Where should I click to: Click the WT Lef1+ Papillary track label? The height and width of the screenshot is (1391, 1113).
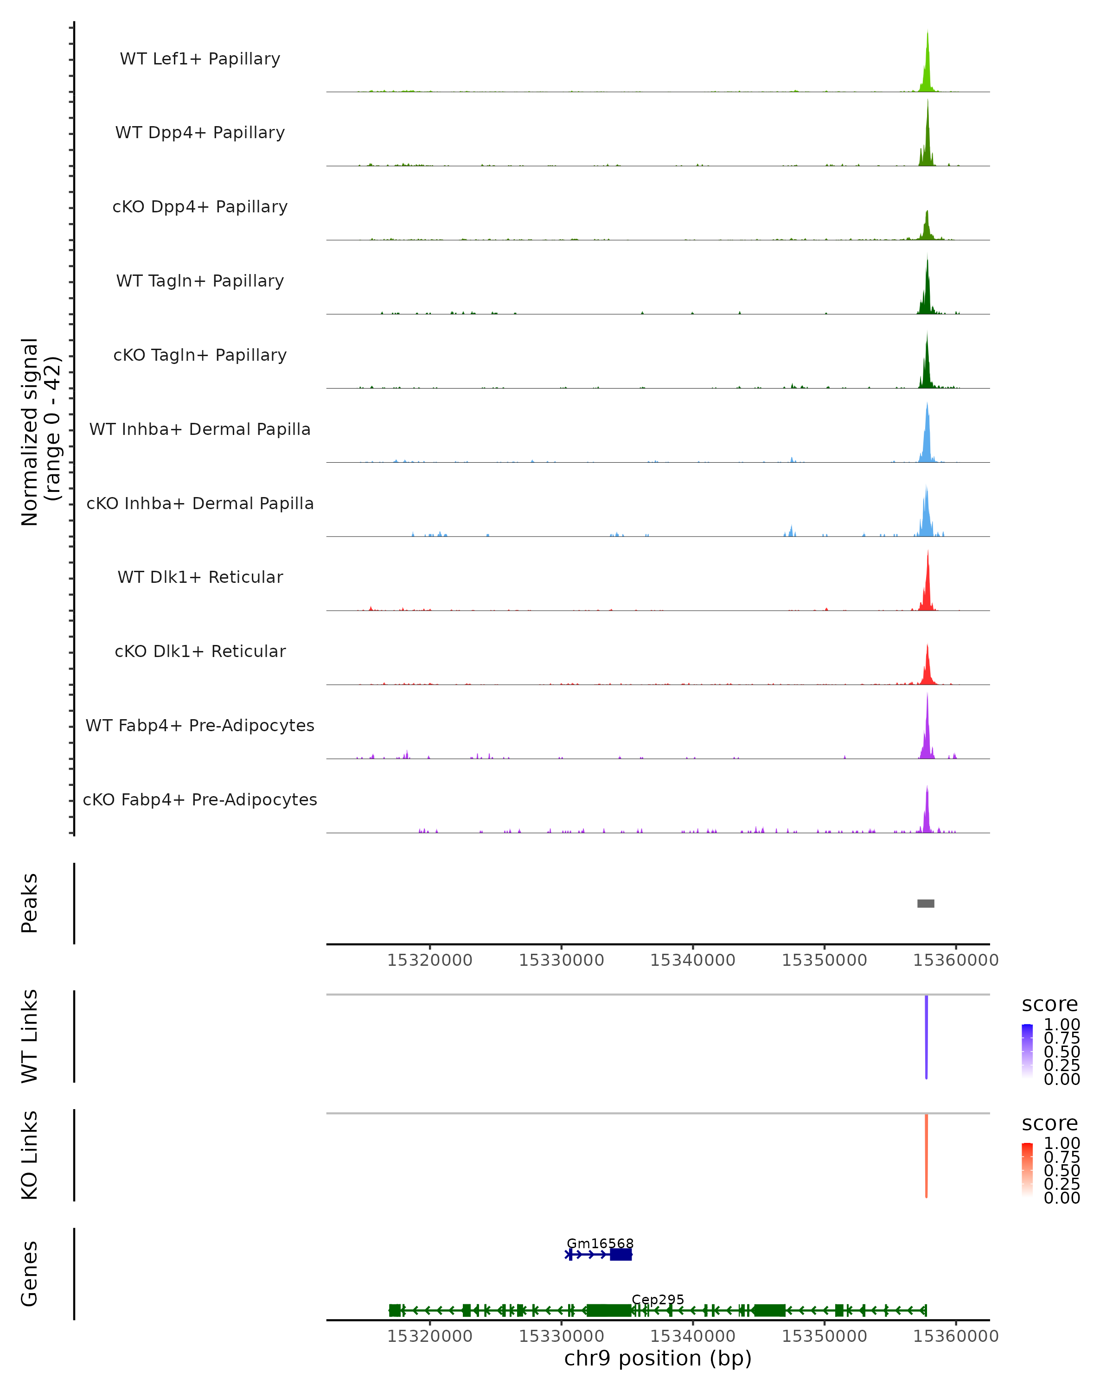200,59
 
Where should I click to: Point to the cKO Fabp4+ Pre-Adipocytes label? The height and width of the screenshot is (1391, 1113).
200,799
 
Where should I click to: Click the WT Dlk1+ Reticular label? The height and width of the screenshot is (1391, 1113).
200,577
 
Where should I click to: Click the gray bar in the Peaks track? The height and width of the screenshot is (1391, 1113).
926,903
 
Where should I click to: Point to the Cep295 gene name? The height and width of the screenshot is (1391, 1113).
658,1299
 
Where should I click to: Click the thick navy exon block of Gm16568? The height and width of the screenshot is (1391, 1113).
620,1254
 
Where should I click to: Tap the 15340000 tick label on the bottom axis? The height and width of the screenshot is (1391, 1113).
693,1336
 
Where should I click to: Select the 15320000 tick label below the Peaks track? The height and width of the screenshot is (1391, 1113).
430,960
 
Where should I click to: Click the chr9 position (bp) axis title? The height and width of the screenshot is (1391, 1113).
658,1359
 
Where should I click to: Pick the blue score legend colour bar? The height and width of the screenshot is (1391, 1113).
1027,1052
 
